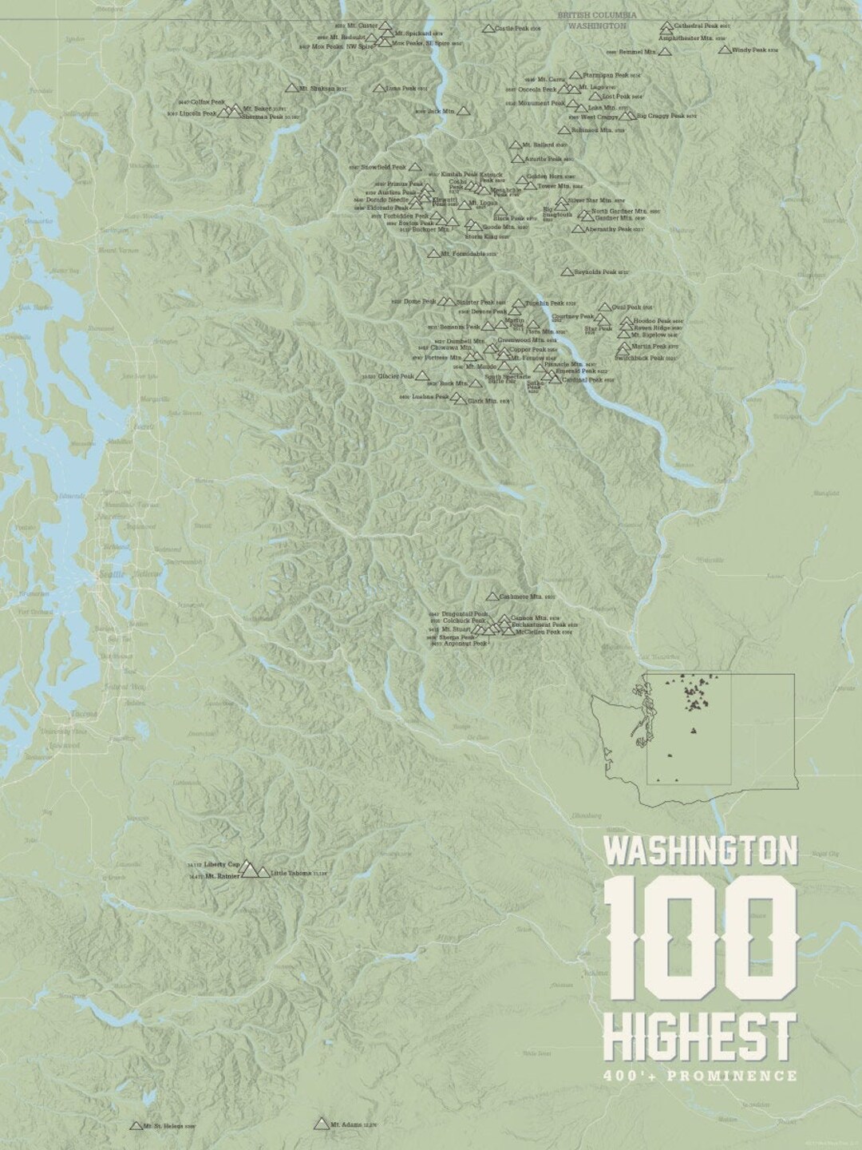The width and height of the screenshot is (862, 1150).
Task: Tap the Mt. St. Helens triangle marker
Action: coord(136,1126)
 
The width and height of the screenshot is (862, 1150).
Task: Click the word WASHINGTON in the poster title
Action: coord(701,851)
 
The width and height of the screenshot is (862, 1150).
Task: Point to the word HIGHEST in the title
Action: coord(699,1035)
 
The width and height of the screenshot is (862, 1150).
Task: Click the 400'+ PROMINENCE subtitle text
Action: coord(699,1076)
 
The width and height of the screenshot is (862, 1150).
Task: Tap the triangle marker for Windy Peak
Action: coord(724,50)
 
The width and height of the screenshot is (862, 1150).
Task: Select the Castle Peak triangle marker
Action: coord(488,29)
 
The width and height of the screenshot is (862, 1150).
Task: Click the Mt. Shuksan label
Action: coord(317,89)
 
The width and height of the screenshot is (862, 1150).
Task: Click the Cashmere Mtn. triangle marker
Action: coord(492,597)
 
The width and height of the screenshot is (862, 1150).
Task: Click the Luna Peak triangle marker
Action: coord(378,89)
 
